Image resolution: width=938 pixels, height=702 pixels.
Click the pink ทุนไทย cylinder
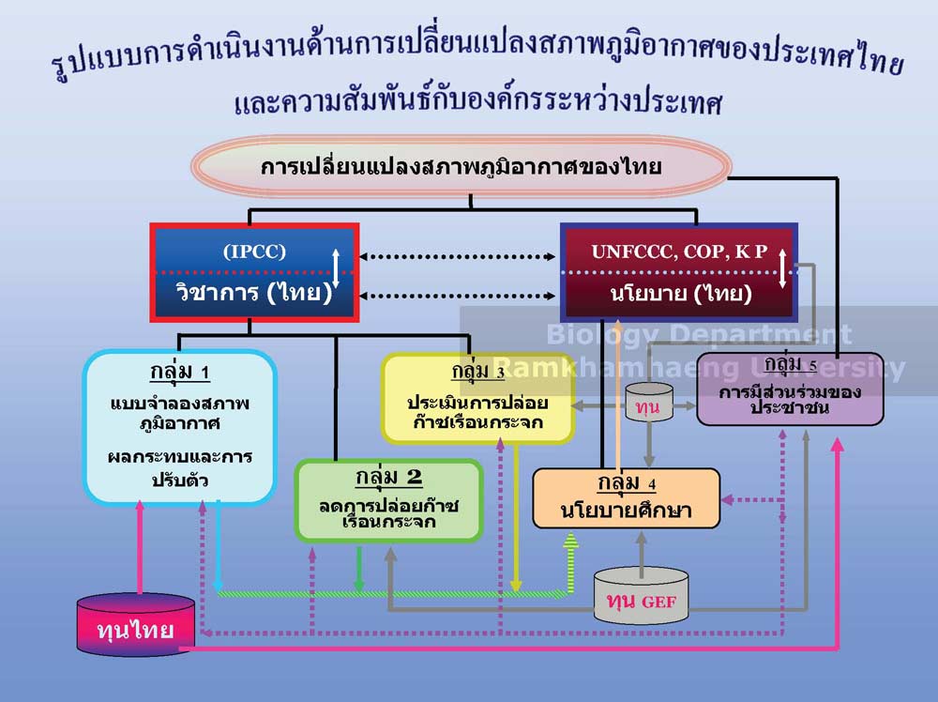(x=136, y=623)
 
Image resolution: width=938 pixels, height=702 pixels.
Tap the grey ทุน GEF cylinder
(x=642, y=596)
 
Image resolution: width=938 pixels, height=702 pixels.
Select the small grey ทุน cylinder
(x=649, y=403)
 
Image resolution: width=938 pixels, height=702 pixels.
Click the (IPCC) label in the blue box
(x=254, y=251)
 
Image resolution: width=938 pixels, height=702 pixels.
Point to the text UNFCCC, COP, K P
(x=679, y=252)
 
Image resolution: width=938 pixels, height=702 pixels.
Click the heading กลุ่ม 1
(x=179, y=373)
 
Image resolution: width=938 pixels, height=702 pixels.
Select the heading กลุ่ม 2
(x=389, y=477)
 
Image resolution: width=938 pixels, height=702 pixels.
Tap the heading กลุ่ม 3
(x=478, y=371)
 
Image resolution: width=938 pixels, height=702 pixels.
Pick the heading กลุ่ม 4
(x=627, y=482)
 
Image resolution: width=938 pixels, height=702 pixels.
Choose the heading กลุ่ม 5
(x=790, y=364)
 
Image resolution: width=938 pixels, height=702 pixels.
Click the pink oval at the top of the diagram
(x=461, y=166)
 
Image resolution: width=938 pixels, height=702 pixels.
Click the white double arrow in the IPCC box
(x=336, y=267)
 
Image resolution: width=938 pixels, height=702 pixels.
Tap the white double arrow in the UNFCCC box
(x=782, y=268)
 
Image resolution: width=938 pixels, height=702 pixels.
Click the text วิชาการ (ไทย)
(x=253, y=293)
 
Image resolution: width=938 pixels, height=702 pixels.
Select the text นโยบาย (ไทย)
(x=681, y=293)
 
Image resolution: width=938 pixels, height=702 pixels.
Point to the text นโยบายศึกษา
(x=626, y=510)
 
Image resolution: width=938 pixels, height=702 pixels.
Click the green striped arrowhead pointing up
(x=571, y=542)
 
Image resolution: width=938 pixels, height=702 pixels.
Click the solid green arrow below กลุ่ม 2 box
(x=359, y=569)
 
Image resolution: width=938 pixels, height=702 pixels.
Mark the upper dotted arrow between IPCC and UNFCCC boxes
(x=457, y=257)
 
